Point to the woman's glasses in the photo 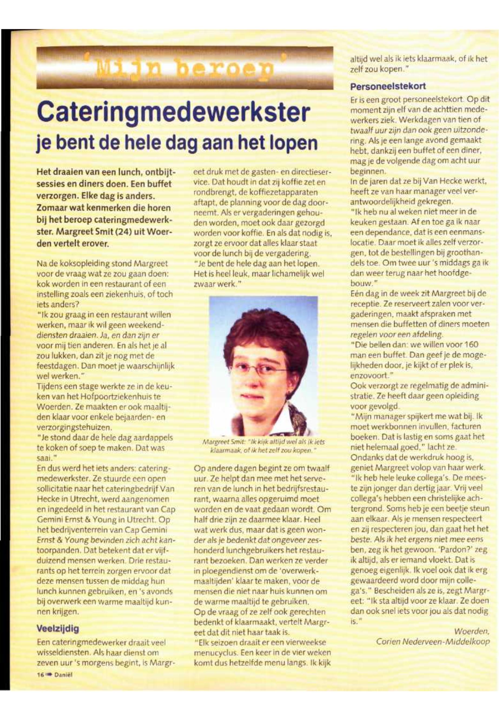coord(259,371)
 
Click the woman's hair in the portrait coord(266,335)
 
